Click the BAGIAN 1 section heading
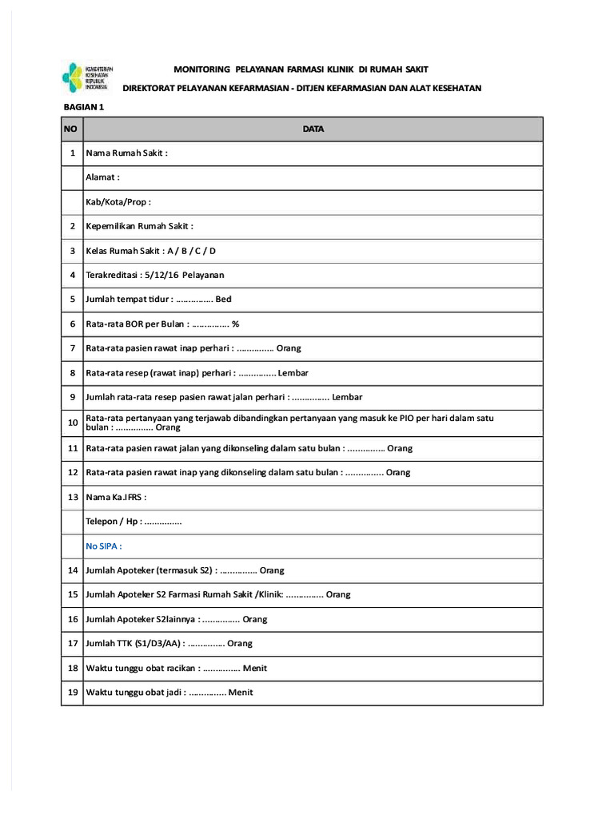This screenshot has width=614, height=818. [x=84, y=106]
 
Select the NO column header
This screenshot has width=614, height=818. [x=72, y=129]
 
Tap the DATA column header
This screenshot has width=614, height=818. [x=313, y=129]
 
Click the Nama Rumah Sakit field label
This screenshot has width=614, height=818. [x=126, y=153]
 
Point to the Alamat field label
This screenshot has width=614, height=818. [x=102, y=177]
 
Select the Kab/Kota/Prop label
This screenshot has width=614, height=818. [x=118, y=202]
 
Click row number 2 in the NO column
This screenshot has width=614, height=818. [x=72, y=226]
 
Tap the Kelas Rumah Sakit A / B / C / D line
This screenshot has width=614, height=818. [x=150, y=251]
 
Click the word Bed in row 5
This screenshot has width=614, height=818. [x=223, y=300]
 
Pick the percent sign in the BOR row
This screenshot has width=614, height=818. [x=236, y=324]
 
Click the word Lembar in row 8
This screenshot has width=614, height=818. [x=293, y=373]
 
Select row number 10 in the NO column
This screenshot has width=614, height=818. [x=72, y=423]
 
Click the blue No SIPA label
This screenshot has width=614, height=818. [x=103, y=546]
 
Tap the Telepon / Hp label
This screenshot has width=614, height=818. [x=113, y=522]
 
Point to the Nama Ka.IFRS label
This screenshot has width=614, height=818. [x=116, y=497]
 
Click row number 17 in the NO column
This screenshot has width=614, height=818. [x=72, y=643]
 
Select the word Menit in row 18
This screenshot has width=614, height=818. [x=254, y=668]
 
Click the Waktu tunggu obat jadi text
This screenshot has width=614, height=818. [x=135, y=693]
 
